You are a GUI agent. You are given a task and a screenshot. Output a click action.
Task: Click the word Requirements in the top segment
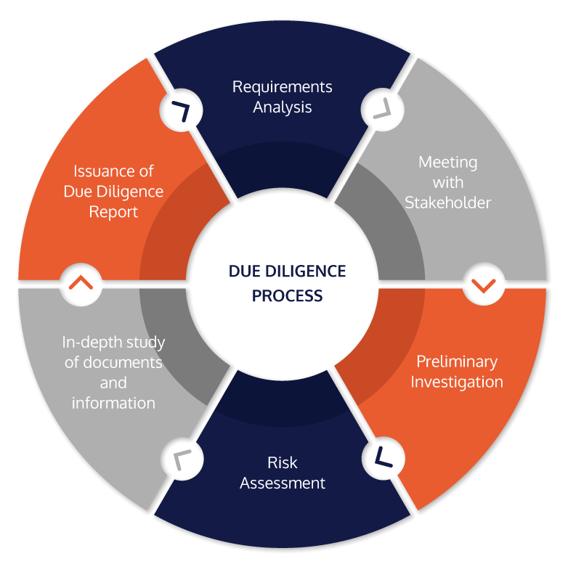click(x=282, y=88)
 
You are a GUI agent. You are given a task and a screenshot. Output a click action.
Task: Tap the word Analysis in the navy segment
click(x=282, y=107)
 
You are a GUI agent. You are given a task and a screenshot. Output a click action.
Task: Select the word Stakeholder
click(x=448, y=203)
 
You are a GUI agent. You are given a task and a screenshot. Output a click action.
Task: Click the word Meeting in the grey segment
click(x=448, y=163)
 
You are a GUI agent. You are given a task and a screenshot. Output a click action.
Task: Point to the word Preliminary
click(x=457, y=362)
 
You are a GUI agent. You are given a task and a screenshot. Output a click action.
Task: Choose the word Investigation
click(x=457, y=383)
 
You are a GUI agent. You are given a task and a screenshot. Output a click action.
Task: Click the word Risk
click(x=282, y=462)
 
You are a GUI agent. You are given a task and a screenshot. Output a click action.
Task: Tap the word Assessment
click(x=282, y=483)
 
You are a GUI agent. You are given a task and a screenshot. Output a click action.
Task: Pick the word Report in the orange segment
click(x=113, y=212)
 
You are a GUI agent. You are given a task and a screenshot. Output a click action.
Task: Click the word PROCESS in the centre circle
click(x=288, y=296)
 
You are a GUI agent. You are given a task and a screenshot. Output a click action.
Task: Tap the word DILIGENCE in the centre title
click(x=306, y=271)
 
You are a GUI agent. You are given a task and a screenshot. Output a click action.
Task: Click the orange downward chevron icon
click(x=483, y=285)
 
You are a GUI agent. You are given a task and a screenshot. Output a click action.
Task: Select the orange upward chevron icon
click(x=81, y=282)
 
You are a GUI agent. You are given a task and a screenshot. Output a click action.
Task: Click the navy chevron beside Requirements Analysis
click(x=182, y=110)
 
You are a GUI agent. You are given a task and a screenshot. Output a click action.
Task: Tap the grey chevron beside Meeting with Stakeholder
click(x=383, y=109)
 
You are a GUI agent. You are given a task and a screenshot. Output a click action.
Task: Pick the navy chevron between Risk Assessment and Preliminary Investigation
click(x=383, y=457)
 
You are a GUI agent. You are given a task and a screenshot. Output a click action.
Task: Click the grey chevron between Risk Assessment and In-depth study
click(x=182, y=459)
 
